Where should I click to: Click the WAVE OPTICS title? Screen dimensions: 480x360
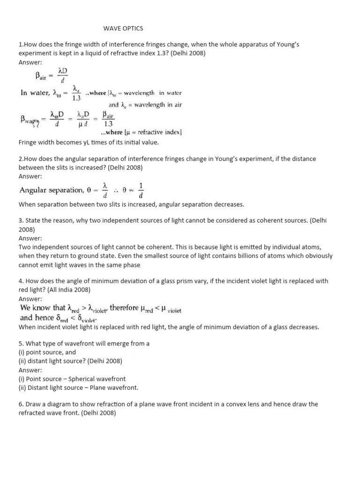[x=123, y=29]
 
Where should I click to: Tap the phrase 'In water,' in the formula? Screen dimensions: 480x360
[x=34, y=93]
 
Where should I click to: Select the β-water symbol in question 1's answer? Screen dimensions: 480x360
[x=30, y=120]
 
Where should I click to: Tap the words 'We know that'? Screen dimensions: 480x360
[x=43, y=308]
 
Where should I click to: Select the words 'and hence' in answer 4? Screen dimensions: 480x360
[x=36, y=318]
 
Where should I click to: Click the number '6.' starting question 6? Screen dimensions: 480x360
[x=21, y=404]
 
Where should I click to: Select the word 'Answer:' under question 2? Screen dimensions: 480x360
[x=30, y=176]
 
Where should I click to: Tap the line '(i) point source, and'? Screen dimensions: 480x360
[x=47, y=352]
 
